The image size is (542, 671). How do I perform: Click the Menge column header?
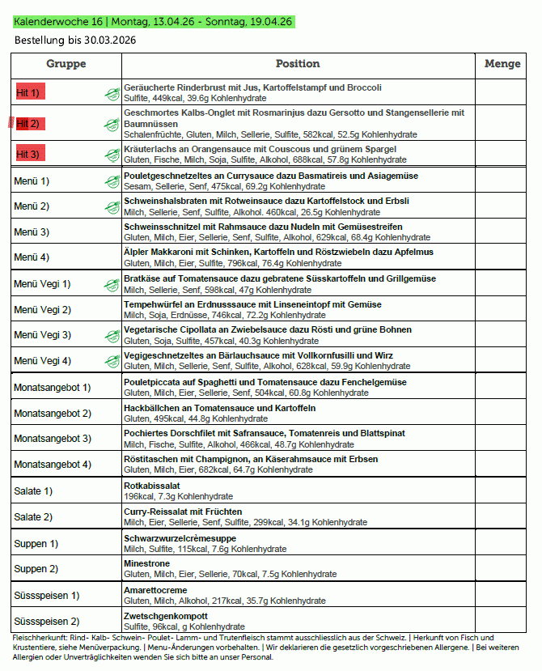[x=502, y=64]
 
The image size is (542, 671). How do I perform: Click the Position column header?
[x=298, y=64]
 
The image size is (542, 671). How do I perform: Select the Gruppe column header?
[x=66, y=64]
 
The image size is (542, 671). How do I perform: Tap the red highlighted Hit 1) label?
[x=29, y=93]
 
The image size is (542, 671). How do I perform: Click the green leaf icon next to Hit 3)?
[x=112, y=154]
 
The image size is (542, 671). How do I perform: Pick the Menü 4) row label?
[x=32, y=257]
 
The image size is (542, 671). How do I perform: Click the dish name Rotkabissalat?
[x=152, y=486]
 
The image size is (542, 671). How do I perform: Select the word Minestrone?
[x=146, y=563]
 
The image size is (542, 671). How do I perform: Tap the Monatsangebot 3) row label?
[x=53, y=439]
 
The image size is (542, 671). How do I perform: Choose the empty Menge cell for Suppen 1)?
[x=502, y=543]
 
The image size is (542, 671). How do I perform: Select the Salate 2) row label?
[x=33, y=516]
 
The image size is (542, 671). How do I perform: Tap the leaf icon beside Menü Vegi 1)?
[x=112, y=284]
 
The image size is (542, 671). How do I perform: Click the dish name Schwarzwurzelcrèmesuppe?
[x=180, y=538]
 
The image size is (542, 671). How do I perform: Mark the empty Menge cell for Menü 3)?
[x=502, y=232]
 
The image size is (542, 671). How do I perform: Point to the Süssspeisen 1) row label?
[x=46, y=595]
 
